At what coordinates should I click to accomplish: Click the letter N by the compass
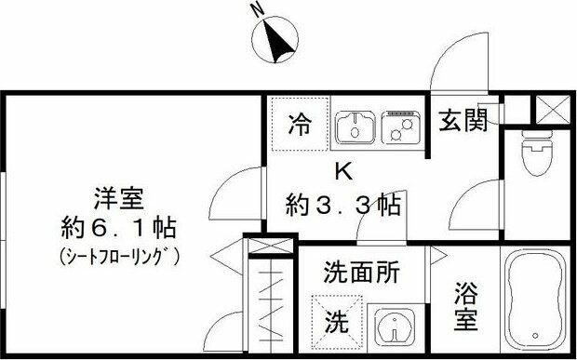coord(259,10)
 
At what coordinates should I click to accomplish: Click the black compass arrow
coord(278,41)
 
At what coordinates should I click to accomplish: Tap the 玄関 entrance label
coord(463,120)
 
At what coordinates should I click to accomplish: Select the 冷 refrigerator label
coord(300,124)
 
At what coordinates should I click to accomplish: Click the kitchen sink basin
coord(356,127)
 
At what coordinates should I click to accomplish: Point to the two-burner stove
coord(401,127)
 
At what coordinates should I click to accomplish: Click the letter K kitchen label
coord(344,171)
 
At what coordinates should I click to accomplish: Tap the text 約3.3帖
coord(343,205)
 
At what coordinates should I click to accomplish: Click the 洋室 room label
coord(118,198)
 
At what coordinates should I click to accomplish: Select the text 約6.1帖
coord(118,228)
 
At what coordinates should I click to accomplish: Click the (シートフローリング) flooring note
coord(119,257)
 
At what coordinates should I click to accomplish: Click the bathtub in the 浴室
coord(535,300)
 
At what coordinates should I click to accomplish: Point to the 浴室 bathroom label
coord(465,306)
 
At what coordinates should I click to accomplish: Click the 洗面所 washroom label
coord(361,273)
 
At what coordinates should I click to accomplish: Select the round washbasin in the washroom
coord(395,327)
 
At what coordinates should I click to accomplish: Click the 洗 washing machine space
coord(337,321)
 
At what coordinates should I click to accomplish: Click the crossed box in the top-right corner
coord(553,109)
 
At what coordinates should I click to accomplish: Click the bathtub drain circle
coord(535,336)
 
